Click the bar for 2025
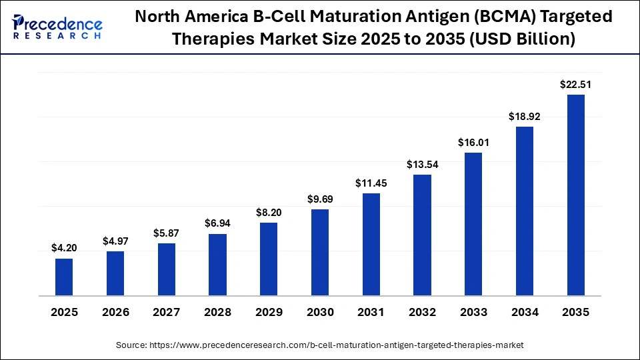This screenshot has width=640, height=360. click(64, 277)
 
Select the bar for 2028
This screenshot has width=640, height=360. click(217, 265)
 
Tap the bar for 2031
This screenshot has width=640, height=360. click(371, 244)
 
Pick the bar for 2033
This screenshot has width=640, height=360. click(473, 224)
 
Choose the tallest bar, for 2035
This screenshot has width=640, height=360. click(575, 195)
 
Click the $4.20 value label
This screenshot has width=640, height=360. click(64, 248)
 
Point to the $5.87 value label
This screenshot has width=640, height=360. click(167, 233)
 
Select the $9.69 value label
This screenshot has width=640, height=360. click(320, 199)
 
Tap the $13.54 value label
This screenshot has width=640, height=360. click(422, 164)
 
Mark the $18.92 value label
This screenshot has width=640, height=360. click(525, 116)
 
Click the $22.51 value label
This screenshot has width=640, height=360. click(575, 84)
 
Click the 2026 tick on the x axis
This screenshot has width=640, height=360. click(115, 312)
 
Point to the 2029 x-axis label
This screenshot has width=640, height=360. click(269, 312)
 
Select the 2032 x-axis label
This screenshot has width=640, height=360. click(422, 312)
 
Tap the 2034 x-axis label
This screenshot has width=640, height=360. click(525, 312)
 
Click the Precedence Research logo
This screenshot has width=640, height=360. click(57, 27)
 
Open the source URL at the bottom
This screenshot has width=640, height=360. click(320, 345)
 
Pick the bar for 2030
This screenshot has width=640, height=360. click(320, 252)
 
